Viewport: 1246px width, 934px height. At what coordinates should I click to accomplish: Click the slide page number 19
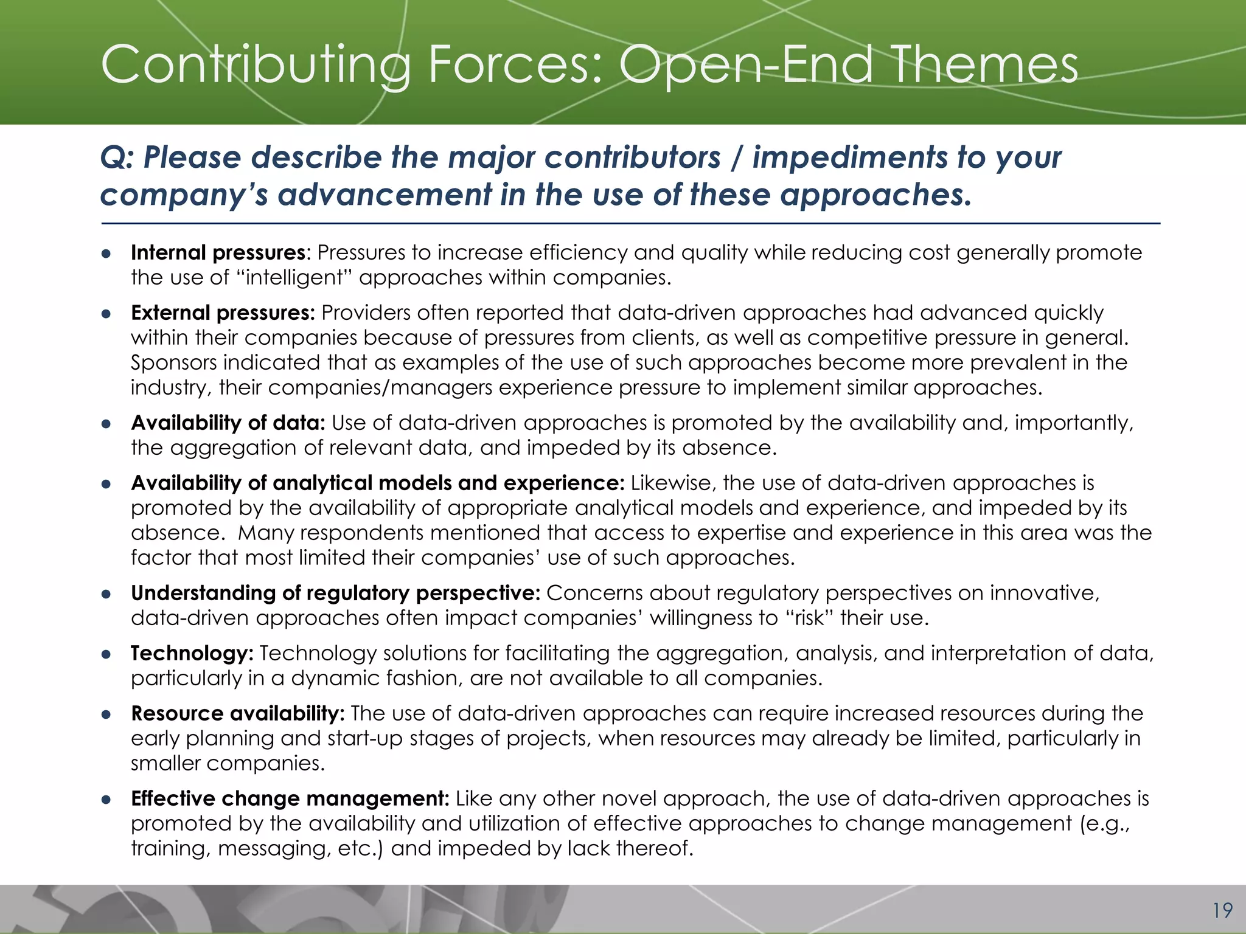(x=1222, y=910)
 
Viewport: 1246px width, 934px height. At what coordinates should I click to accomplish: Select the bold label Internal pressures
(x=218, y=252)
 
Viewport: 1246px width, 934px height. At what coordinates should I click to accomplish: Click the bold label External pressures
(x=223, y=313)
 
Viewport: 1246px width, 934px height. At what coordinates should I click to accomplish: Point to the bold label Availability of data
(x=228, y=423)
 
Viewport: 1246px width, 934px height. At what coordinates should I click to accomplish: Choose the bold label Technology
(x=192, y=653)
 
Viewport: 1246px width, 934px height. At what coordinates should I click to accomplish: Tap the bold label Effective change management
(x=290, y=798)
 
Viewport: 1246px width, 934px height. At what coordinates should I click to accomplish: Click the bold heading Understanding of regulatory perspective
(x=335, y=593)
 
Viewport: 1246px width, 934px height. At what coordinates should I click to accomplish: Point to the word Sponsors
(x=173, y=362)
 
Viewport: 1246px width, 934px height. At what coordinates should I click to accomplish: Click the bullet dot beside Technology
(x=106, y=654)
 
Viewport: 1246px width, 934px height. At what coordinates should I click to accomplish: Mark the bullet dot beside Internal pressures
(x=106, y=254)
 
